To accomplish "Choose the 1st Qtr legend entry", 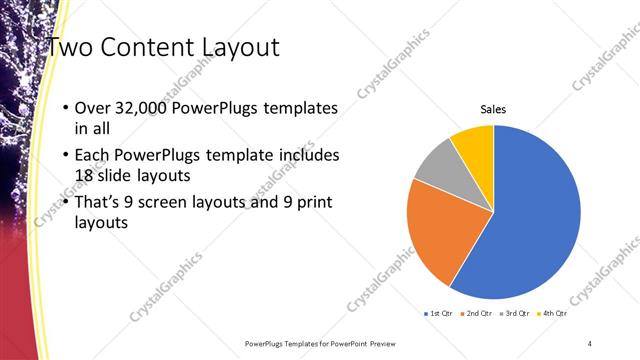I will coord(439,313).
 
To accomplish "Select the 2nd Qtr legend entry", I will coord(477,313).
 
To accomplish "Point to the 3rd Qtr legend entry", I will coord(515,313).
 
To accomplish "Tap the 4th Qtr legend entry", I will coord(553,313).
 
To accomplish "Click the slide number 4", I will coord(590,343).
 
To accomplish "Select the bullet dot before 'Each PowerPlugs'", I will coord(66,156).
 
